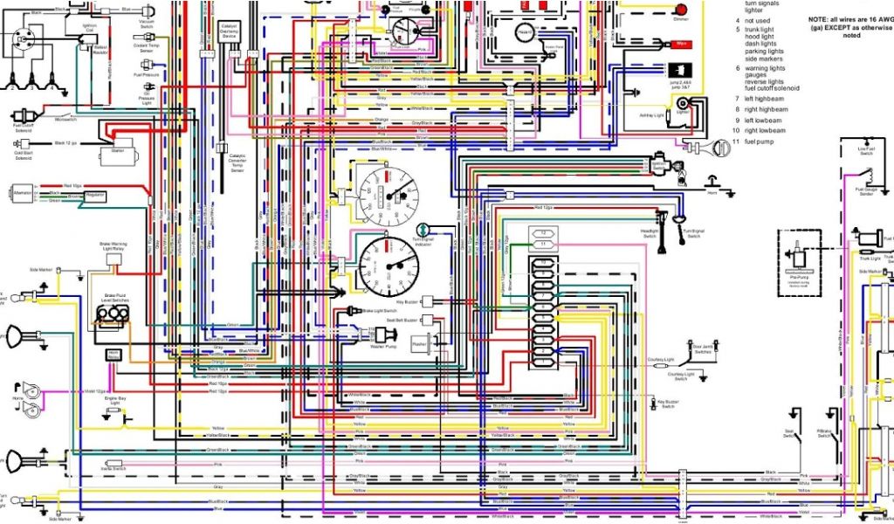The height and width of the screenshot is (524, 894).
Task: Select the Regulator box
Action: click(95, 195)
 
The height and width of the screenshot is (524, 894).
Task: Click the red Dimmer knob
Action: click(680, 9)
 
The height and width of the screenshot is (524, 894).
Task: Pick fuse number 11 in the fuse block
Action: click(542, 245)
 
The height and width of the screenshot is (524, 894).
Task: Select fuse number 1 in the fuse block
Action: click(542, 361)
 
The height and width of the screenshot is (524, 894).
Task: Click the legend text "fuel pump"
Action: click(760, 141)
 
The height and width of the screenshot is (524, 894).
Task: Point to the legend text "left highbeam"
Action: click(764, 98)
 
